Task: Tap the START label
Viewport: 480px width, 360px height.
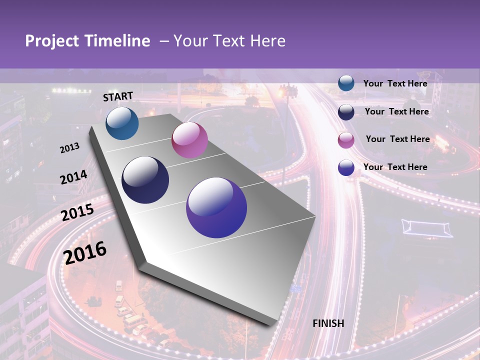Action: pyautogui.click(x=118, y=96)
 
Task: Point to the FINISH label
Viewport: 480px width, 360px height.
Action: pyautogui.click(x=328, y=323)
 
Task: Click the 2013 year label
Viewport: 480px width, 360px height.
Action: pyautogui.click(x=69, y=148)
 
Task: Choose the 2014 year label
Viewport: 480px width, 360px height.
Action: pyautogui.click(x=73, y=177)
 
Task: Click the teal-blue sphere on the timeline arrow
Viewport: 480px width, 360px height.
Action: pyautogui.click(x=122, y=123)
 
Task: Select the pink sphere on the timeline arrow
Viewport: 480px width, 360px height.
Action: pyautogui.click(x=189, y=140)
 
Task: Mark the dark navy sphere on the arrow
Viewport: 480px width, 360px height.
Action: pyautogui.click(x=145, y=180)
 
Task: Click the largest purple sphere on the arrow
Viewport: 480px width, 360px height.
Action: pyautogui.click(x=216, y=207)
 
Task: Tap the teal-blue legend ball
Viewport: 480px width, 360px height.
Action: pyautogui.click(x=346, y=83)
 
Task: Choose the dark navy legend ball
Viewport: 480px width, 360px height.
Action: pyautogui.click(x=346, y=112)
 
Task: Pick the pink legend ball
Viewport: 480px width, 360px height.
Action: pyautogui.click(x=346, y=140)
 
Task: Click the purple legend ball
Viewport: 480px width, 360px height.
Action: pyautogui.click(x=346, y=167)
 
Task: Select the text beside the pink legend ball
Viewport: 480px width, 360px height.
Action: pyautogui.click(x=397, y=139)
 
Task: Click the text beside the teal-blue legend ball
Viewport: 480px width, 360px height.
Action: pyautogui.click(x=395, y=83)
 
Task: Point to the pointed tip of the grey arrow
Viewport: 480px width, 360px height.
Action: pyautogui.click(x=274, y=325)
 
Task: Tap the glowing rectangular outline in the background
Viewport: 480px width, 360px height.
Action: pyautogui.click(x=427, y=228)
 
